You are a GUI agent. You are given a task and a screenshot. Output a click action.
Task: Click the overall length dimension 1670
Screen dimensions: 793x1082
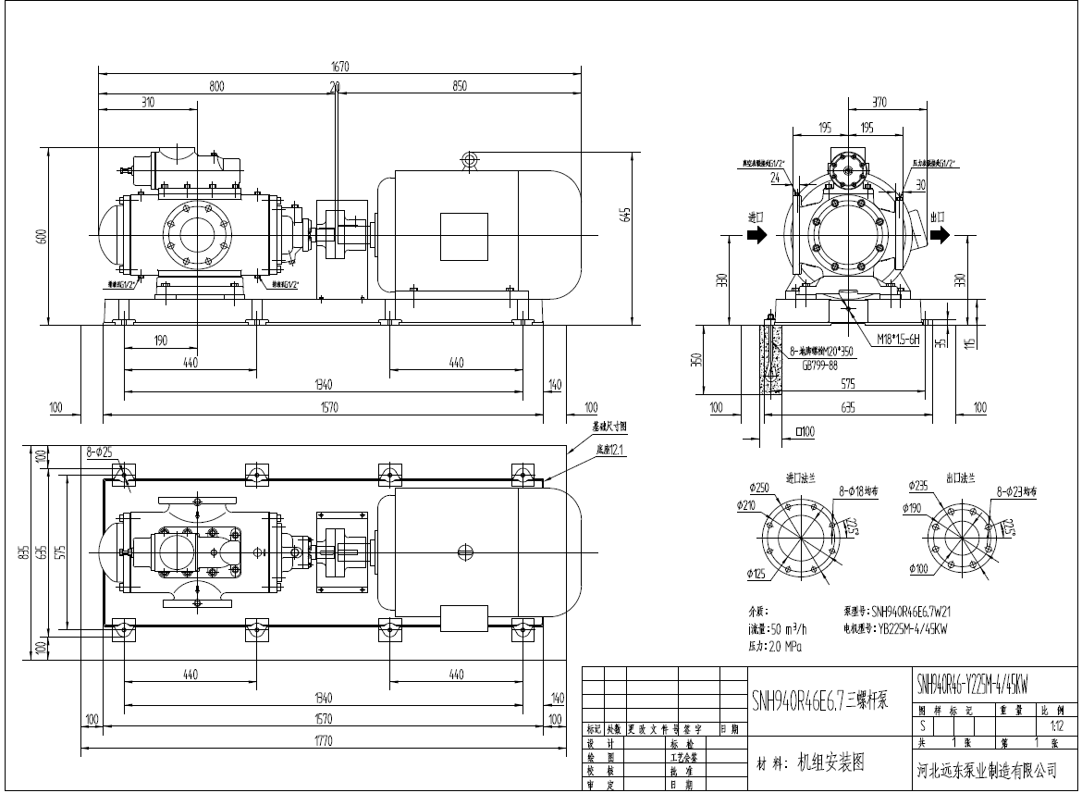[x=340, y=66]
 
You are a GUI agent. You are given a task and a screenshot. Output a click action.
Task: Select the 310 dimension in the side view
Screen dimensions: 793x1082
[x=147, y=103]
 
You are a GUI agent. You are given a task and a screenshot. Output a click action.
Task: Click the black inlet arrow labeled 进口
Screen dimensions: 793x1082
[x=756, y=235]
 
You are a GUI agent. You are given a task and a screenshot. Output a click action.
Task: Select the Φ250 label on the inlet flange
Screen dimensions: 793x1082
[x=759, y=487]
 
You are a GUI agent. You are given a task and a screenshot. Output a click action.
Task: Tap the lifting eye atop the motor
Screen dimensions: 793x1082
[x=469, y=160]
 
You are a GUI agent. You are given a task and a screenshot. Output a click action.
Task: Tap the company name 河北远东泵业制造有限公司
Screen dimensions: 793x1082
[x=985, y=770]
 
